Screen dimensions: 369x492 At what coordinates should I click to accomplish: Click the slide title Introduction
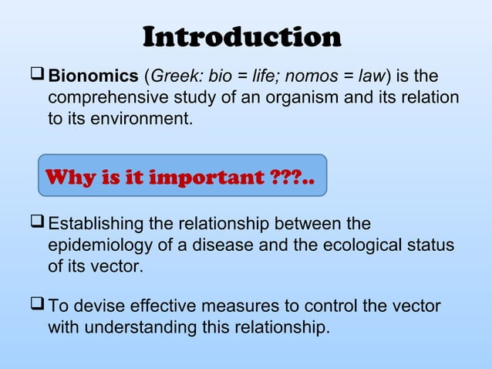[x=242, y=37]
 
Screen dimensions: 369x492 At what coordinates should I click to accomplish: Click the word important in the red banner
[x=204, y=178]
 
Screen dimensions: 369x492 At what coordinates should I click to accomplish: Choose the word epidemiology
[x=97, y=245]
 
